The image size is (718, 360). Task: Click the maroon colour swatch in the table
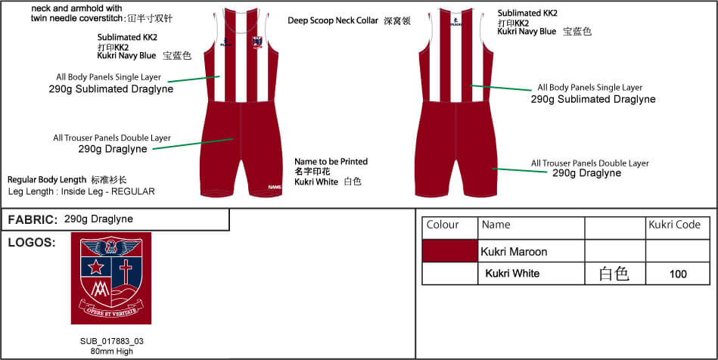pyautogui.click(x=450, y=251)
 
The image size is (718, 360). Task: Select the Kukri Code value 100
pyautogui.click(x=678, y=274)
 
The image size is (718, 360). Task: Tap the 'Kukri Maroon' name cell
pyautogui.click(x=514, y=251)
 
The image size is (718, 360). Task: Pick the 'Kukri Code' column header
pyautogui.click(x=674, y=225)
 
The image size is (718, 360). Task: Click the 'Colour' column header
pyautogui.click(x=443, y=225)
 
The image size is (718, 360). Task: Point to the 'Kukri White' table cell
pyautogui.click(x=512, y=274)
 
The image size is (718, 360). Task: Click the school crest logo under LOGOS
pyautogui.click(x=110, y=278)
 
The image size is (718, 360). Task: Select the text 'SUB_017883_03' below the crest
pyautogui.click(x=111, y=341)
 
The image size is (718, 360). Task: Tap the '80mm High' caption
pyautogui.click(x=111, y=351)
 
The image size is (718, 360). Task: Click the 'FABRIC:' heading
pyautogui.click(x=33, y=219)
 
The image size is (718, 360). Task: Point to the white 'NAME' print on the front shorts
pyautogui.click(x=275, y=188)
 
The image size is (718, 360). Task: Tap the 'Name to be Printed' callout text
pyautogui.click(x=331, y=162)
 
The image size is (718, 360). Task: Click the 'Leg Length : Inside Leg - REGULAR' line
pyautogui.click(x=81, y=192)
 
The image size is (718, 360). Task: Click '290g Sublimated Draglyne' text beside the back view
pyautogui.click(x=592, y=99)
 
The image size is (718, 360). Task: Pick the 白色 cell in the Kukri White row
pyautogui.click(x=614, y=274)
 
